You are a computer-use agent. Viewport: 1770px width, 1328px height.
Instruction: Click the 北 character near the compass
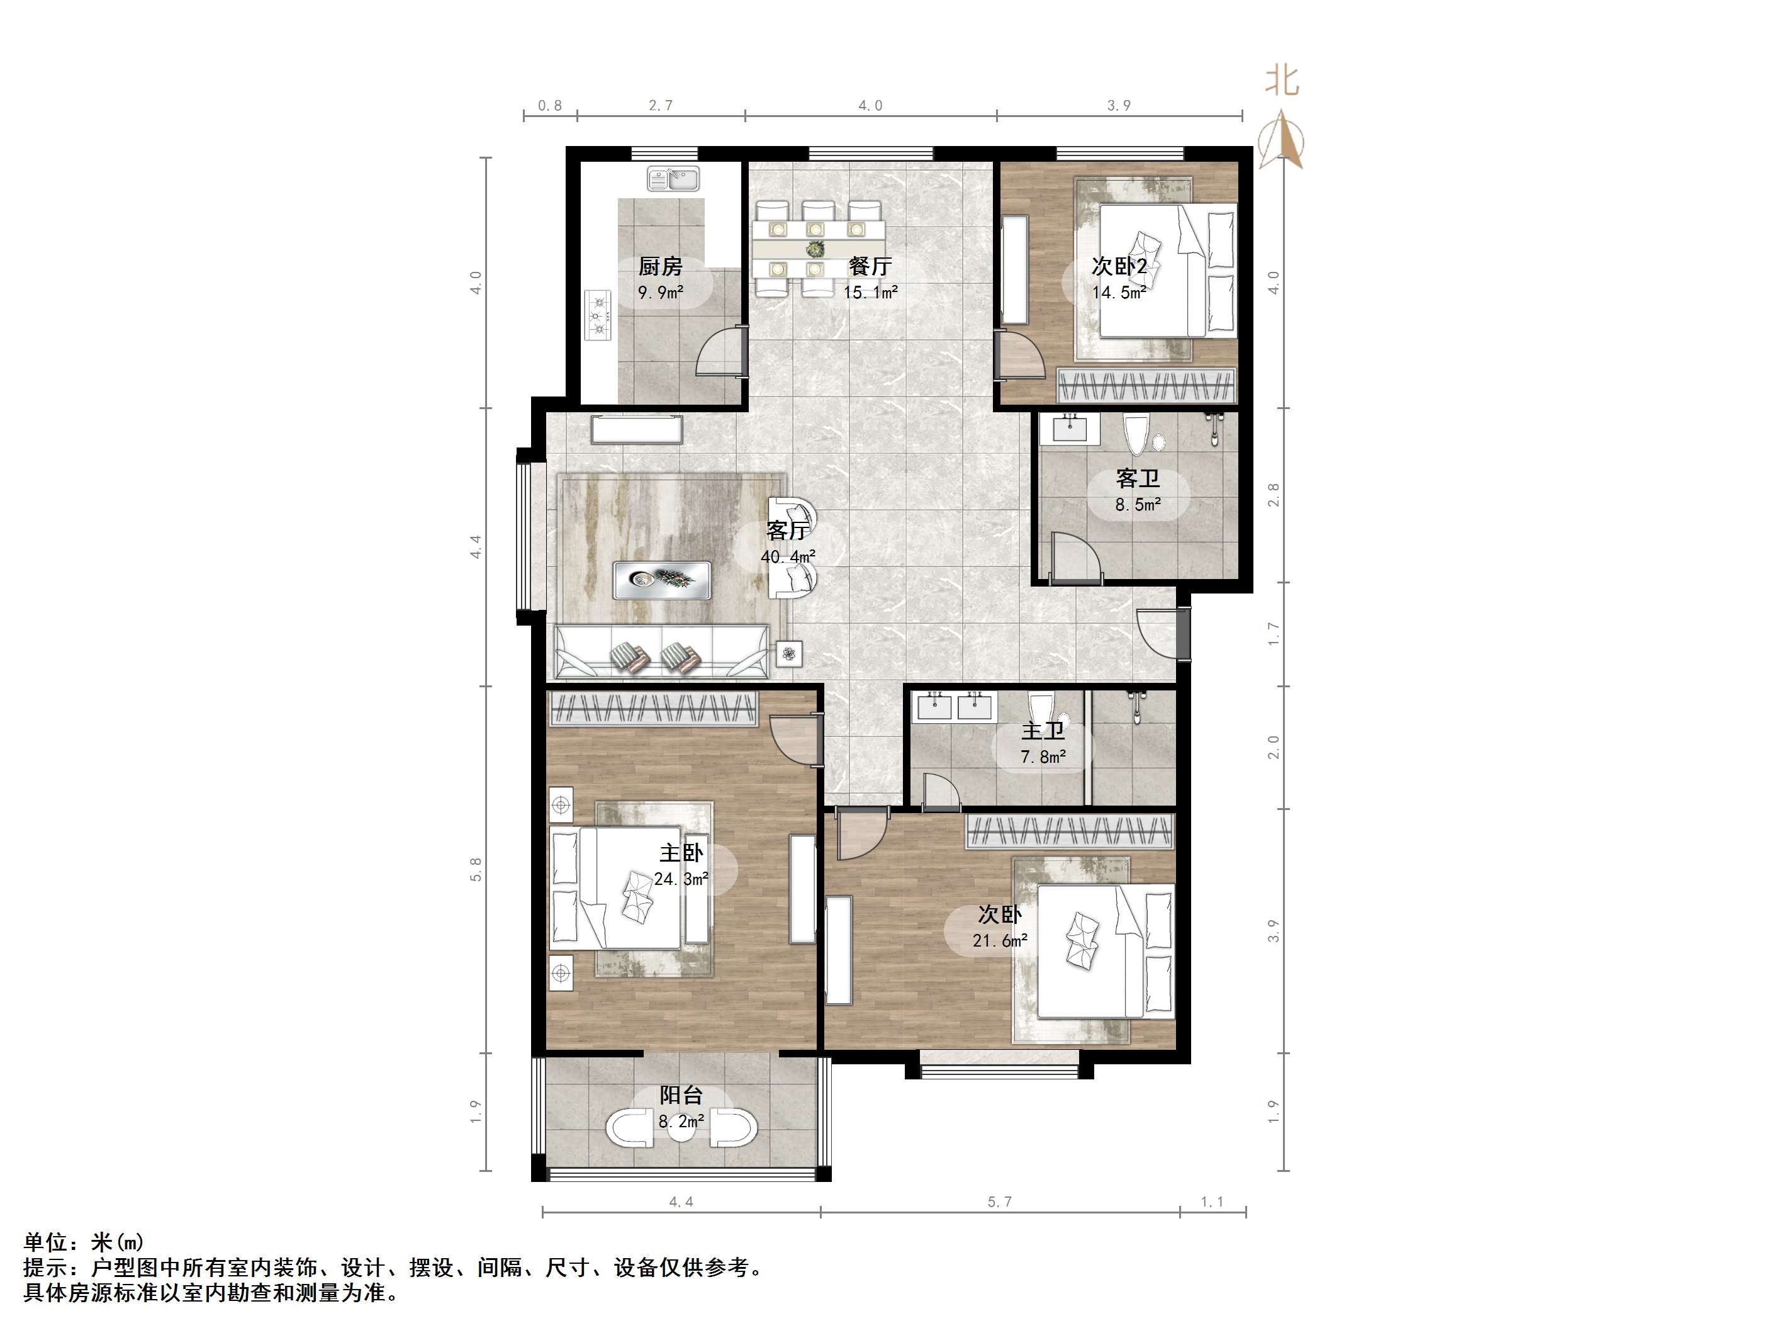click(1282, 81)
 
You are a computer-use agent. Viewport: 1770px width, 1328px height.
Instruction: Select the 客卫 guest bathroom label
click(1137, 479)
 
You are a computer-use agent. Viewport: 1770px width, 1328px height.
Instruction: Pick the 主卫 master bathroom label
click(1043, 731)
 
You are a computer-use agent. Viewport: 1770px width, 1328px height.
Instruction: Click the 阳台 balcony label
click(681, 1094)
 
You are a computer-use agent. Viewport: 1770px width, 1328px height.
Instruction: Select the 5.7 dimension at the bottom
click(999, 1201)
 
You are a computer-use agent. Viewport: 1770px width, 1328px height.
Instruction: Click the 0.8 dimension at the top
click(550, 106)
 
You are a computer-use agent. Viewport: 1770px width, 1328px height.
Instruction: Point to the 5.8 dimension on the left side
click(477, 870)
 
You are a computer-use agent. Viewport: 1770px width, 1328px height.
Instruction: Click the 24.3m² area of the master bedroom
click(681, 879)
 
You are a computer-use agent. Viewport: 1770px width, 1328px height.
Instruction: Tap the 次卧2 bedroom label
click(1119, 266)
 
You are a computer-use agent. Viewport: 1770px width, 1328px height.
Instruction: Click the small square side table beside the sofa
click(789, 654)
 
